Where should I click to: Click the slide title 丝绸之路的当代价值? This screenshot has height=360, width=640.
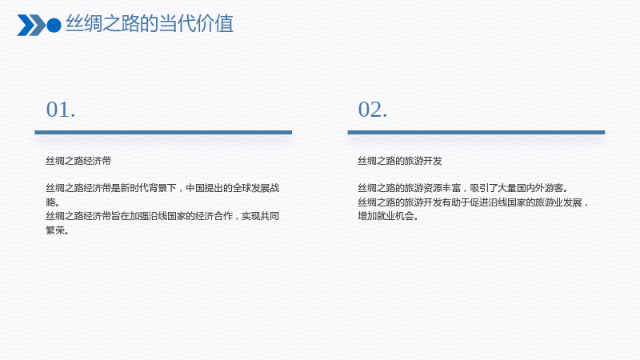point(150,23)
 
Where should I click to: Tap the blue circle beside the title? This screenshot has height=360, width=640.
point(54,26)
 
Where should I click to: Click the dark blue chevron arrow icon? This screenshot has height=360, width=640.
point(26,26)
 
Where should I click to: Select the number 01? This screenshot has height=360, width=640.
point(61,110)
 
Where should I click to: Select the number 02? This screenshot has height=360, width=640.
point(373,110)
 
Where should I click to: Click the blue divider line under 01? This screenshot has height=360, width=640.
point(163,132)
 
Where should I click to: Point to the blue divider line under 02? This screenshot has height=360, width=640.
point(476,132)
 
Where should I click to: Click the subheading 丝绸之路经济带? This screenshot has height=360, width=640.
point(78,161)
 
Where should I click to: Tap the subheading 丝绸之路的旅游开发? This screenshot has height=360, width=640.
point(400,161)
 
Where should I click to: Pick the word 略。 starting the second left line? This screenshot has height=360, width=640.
point(53,202)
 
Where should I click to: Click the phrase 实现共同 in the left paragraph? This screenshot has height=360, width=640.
point(261,216)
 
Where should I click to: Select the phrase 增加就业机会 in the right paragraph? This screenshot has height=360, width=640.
point(386,216)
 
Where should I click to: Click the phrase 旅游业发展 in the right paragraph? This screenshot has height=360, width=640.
point(558,202)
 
